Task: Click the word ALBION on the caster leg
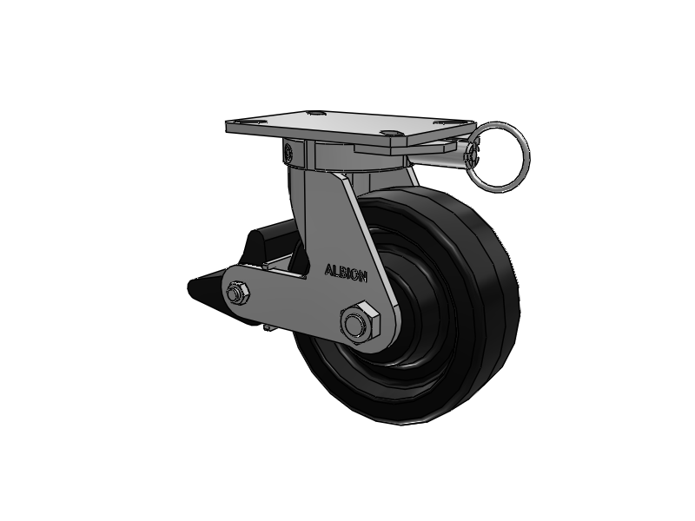346,273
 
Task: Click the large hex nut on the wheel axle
361,322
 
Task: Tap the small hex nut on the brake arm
237,293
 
